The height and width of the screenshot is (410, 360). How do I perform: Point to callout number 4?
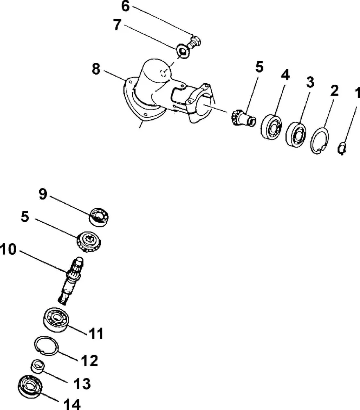point(285,75)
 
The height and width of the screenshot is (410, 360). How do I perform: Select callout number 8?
point(95,69)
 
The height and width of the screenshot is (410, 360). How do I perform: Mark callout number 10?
point(9,249)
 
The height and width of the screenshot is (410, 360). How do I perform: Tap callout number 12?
point(89,360)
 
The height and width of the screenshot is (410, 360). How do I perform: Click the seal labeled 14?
point(30,387)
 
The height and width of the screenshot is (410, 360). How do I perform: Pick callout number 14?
point(72,404)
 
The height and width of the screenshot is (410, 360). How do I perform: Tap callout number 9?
point(43,194)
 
